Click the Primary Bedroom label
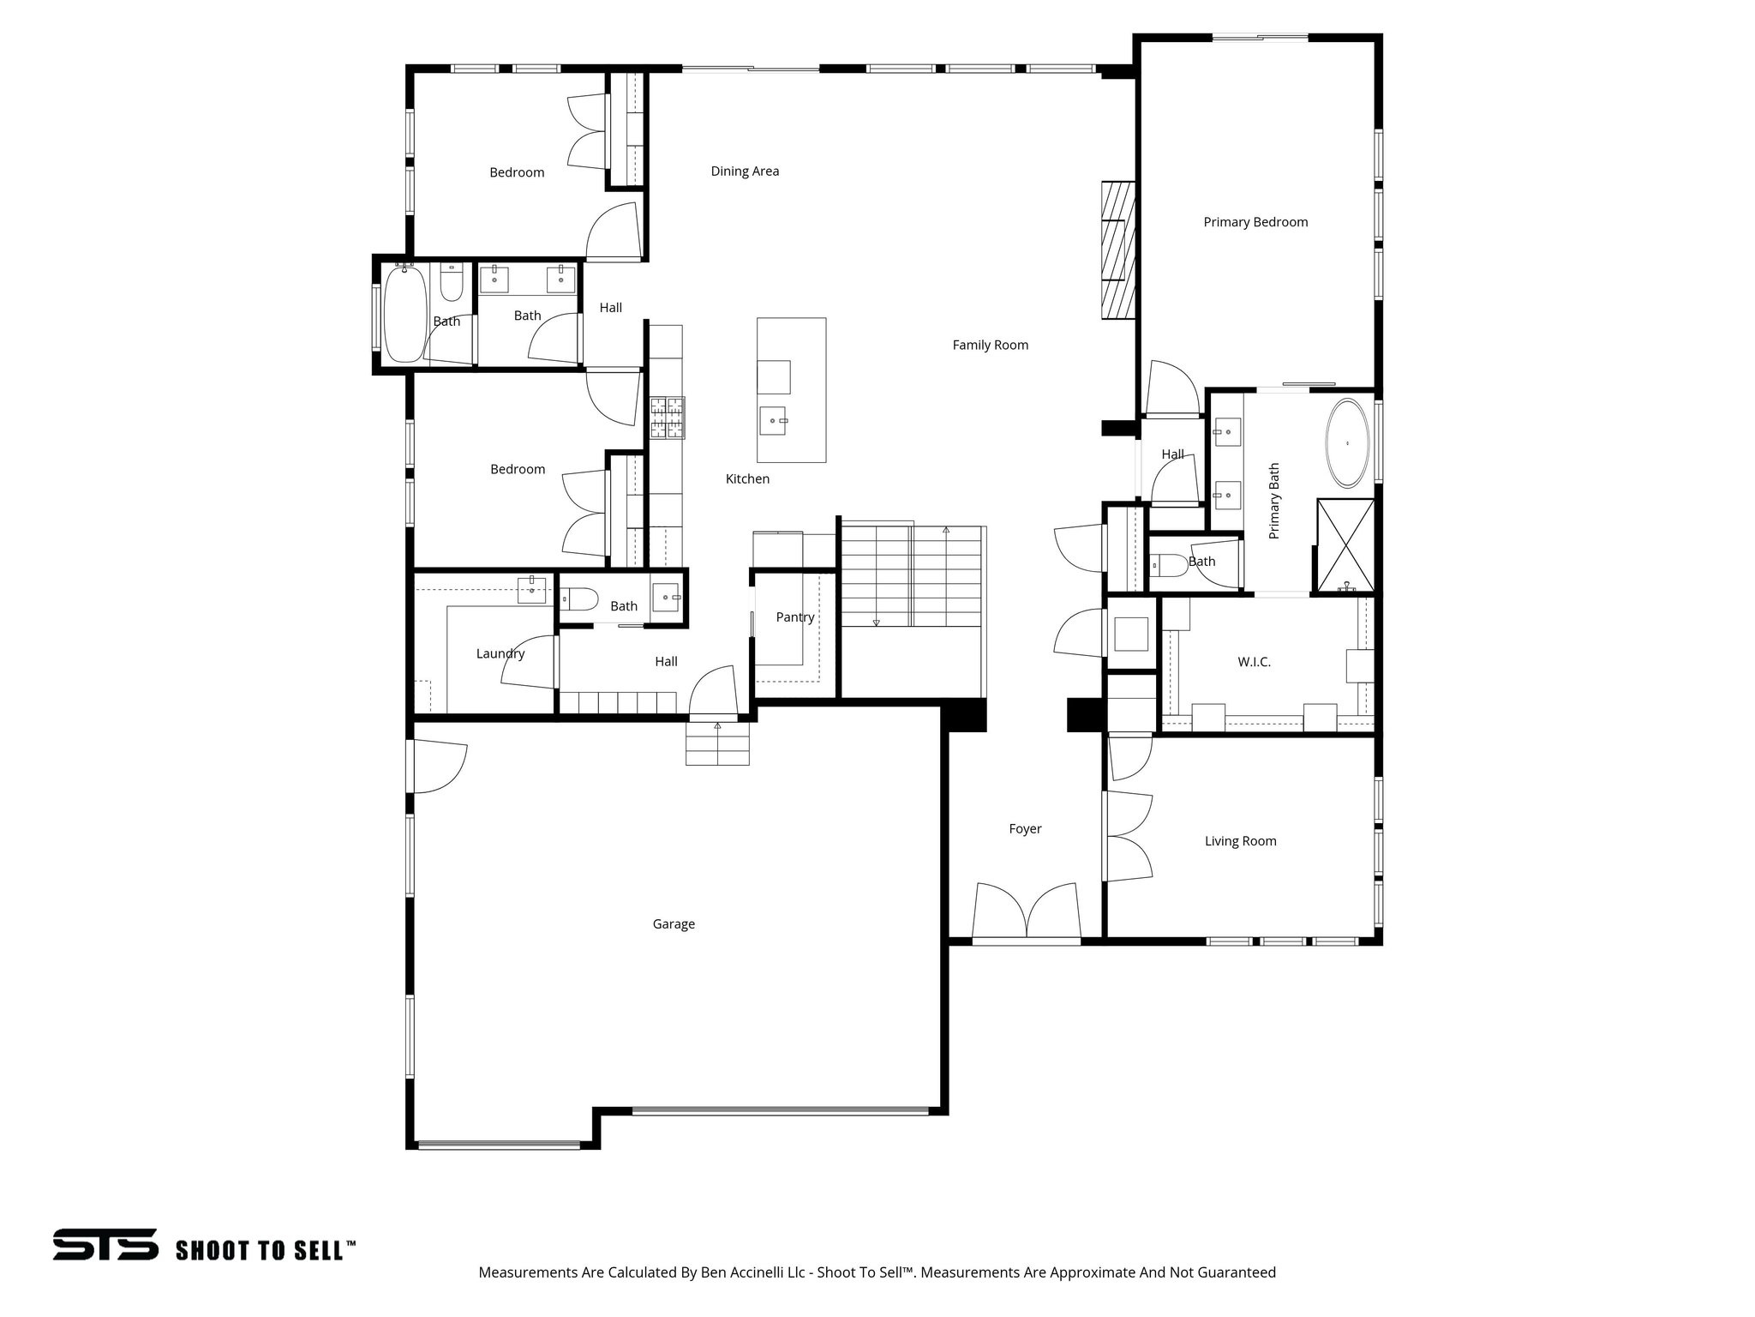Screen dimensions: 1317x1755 (x=1255, y=222)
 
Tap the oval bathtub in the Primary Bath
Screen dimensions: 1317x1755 (x=1348, y=443)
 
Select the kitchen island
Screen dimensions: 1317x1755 (x=791, y=390)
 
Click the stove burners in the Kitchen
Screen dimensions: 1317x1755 (x=667, y=418)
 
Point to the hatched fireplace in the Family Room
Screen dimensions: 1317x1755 (x=1118, y=250)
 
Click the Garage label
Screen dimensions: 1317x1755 (x=674, y=924)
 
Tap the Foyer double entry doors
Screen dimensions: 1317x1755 (x=1026, y=913)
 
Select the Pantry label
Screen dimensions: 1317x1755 (x=794, y=617)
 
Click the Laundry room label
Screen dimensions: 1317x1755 (x=500, y=653)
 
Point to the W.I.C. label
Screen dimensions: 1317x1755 (x=1254, y=662)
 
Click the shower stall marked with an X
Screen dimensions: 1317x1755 (x=1345, y=545)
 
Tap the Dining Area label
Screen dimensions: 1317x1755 (x=745, y=171)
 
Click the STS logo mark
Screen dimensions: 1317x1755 (x=105, y=1244)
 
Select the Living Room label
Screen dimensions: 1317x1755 (x=1240, y=841)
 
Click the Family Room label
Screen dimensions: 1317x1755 (x=990, y=346)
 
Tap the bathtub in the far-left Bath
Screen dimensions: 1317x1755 (x=404, y=315)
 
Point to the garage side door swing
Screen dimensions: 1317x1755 (x=440, y=767)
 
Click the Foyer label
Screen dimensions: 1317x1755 (x=1025, y=829)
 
